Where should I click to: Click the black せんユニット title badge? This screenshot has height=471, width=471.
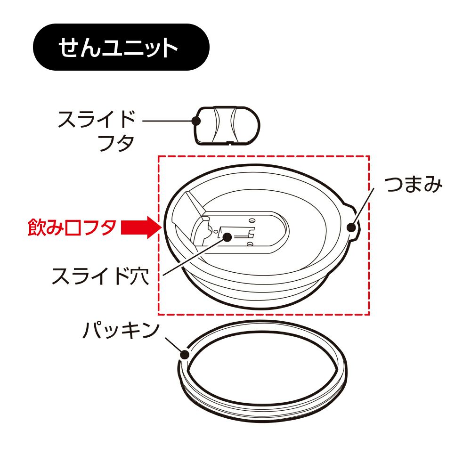[121, 47]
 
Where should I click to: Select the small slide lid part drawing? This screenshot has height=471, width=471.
[227, 126]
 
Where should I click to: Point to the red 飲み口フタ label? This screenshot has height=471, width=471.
[72, 227]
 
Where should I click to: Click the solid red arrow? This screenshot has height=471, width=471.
[140, 227]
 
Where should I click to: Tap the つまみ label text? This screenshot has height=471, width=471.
[414, 184]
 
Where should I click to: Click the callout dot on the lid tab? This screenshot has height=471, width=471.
[351, 227]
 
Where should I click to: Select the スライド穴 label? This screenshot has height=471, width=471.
[101, 276]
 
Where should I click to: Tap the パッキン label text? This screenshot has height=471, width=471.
[121, 331]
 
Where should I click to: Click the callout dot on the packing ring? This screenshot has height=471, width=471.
[185, 355]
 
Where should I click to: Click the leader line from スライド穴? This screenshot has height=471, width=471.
[195, 256]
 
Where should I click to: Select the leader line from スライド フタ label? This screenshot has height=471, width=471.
[169, 121]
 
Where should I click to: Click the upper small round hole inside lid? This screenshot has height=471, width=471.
[252, 220]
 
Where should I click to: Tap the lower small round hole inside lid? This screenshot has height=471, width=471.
[250, 244]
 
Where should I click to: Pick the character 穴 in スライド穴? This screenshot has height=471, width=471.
[140, 276]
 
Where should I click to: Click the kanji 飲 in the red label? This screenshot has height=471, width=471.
[37, 227]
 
